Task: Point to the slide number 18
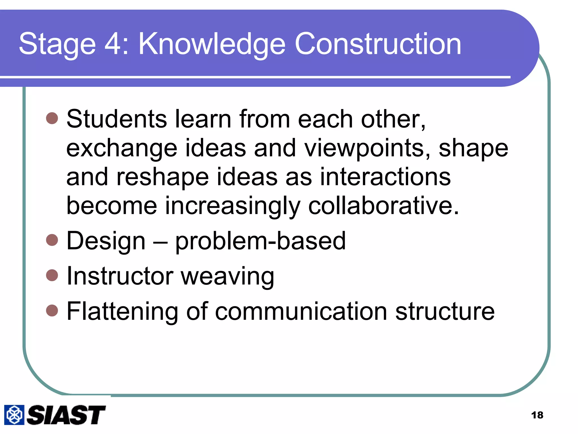click(537, 415)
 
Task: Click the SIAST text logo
click(66, 415)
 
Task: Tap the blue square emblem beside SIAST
click(14, 415)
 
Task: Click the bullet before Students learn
click(52, 118)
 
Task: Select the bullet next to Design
click(52, 240)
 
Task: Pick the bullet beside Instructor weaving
click(52, 275)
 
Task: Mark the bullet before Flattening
click(52, 311)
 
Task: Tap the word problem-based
click(260, 241)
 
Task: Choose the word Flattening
click(122, 312)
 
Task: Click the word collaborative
click(384, 205)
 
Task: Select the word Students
click(117, 119)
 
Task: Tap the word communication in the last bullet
click(301, 311)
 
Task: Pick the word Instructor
click(120, 276)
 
